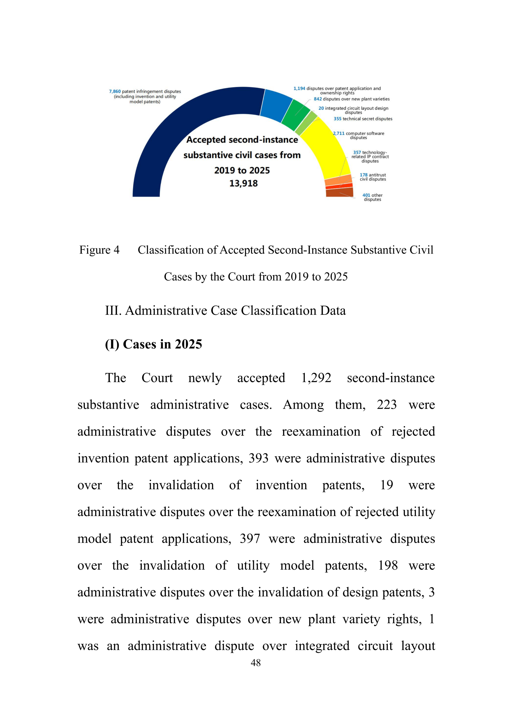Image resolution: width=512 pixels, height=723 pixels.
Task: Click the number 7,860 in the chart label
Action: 115,92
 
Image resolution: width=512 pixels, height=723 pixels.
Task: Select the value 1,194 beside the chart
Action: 299,88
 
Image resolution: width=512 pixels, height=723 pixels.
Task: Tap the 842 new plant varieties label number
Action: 318,99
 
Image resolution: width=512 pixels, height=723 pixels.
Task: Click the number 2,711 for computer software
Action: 339,133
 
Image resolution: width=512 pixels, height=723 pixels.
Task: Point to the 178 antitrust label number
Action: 363,175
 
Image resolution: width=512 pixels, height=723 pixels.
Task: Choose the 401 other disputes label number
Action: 366,195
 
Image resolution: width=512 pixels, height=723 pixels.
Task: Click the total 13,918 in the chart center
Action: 243,183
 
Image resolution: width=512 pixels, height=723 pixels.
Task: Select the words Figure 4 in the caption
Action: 99,250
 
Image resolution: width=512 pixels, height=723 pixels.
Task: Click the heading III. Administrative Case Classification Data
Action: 225,311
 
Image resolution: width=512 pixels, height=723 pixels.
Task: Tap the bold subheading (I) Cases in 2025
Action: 153,344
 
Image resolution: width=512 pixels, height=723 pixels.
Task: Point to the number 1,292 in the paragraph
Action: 316,378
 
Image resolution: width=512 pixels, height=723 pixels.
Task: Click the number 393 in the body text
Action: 258,459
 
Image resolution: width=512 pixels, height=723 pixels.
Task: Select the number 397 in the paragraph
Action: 250,539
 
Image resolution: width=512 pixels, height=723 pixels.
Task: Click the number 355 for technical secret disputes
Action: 337,119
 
